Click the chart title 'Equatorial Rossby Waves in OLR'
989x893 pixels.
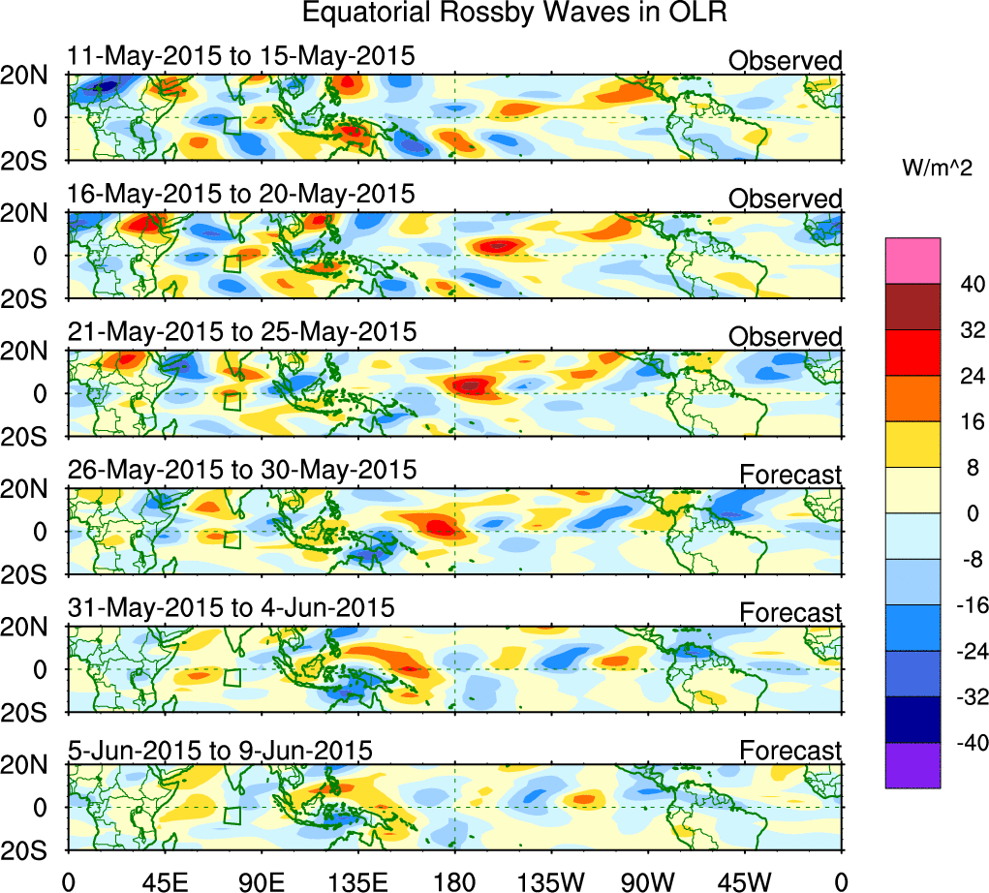[x=513, y=14]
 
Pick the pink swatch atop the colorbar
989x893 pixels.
[x=912, y=261]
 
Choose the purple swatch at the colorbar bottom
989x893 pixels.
[x=912, y=765]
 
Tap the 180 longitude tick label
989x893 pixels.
[x=455, y=880]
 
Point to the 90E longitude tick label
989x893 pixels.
[x=261, y=880]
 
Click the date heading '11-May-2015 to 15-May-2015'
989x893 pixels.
[x=241, y=56]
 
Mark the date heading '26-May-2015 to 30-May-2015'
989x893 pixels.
[x=241, y=471]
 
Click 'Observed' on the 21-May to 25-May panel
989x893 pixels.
[x=785, y=337]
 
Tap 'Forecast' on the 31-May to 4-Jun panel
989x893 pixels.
[x=790, y=612]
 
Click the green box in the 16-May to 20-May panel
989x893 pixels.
[x=232, y=263]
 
